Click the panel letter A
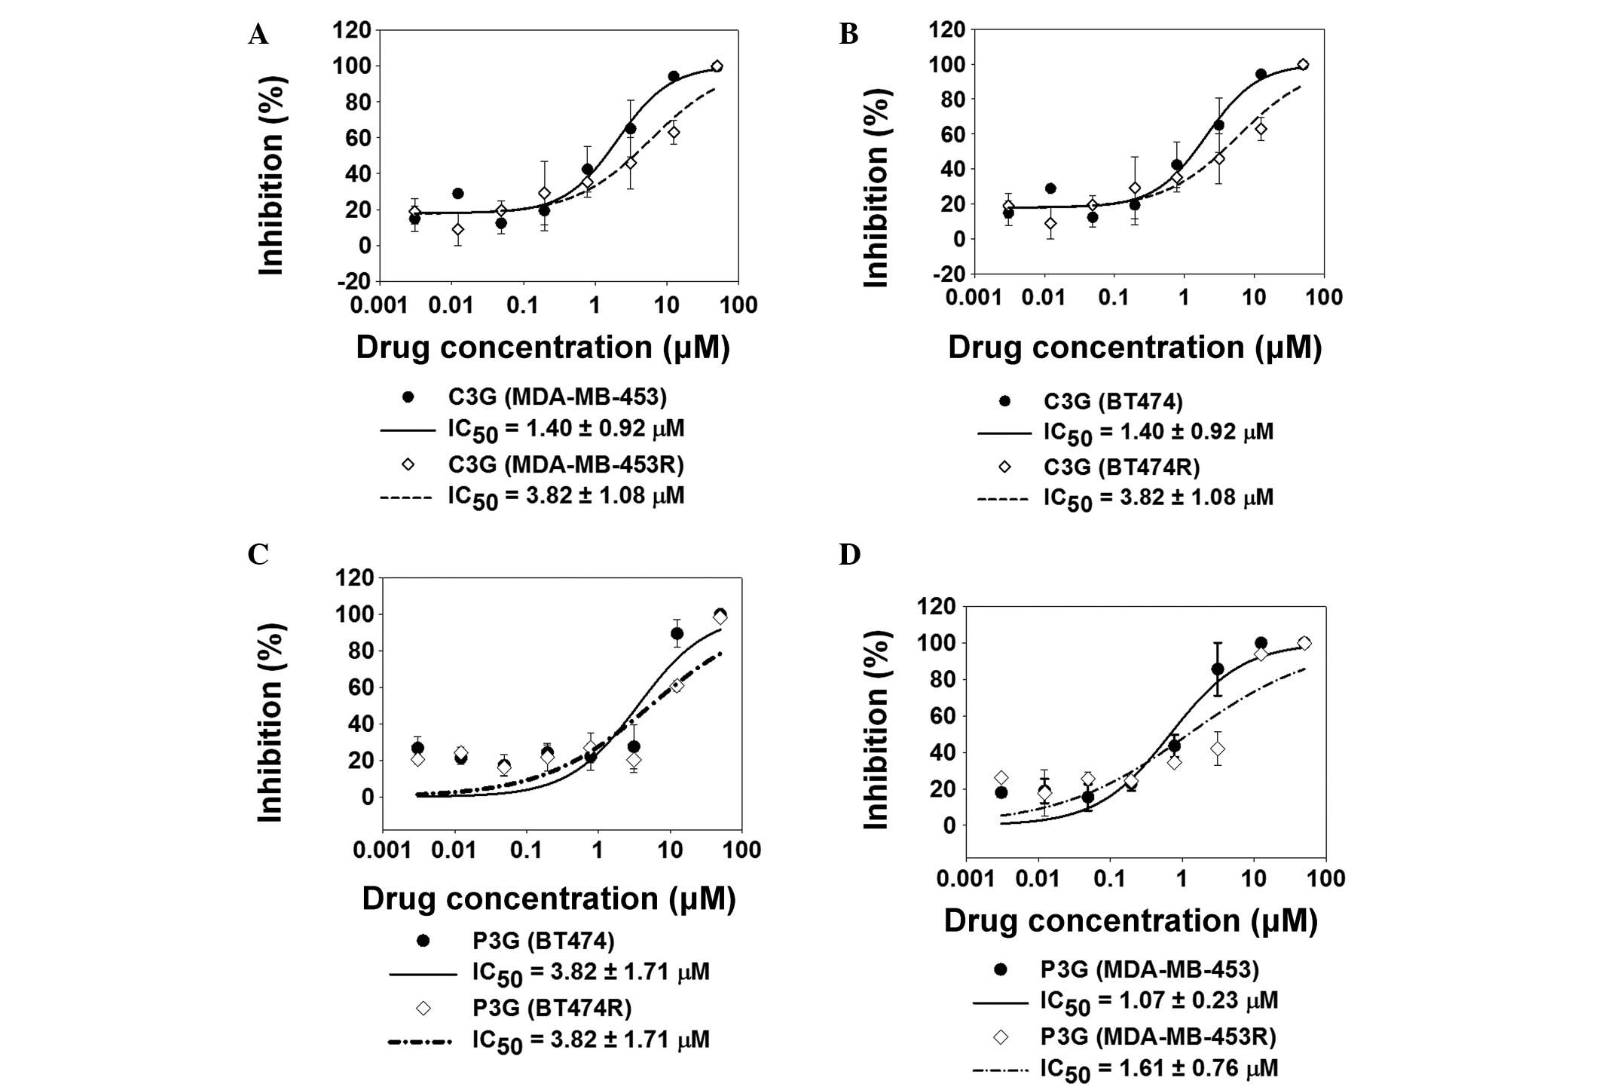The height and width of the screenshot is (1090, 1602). pos(258,35)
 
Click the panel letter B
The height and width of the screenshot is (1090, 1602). pos(848,35)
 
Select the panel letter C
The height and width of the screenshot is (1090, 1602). pos(258,554)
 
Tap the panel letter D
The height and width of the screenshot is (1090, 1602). pos(849,554)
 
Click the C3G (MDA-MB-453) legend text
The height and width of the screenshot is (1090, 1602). pos(557,397)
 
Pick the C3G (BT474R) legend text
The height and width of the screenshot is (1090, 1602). pos(1121,467)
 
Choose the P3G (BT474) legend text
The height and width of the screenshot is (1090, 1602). pos(543,941)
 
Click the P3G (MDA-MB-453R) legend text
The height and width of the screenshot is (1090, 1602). pos(1158,1036)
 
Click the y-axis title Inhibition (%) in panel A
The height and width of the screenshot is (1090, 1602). pos(271,175)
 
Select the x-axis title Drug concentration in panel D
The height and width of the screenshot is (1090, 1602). pos(1130,920)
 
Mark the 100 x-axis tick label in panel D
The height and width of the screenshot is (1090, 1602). pos(1325,878)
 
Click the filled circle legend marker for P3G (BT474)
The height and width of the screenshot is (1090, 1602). pos(423,941)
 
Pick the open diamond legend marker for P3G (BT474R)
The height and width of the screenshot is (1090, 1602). pos(423,1008)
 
